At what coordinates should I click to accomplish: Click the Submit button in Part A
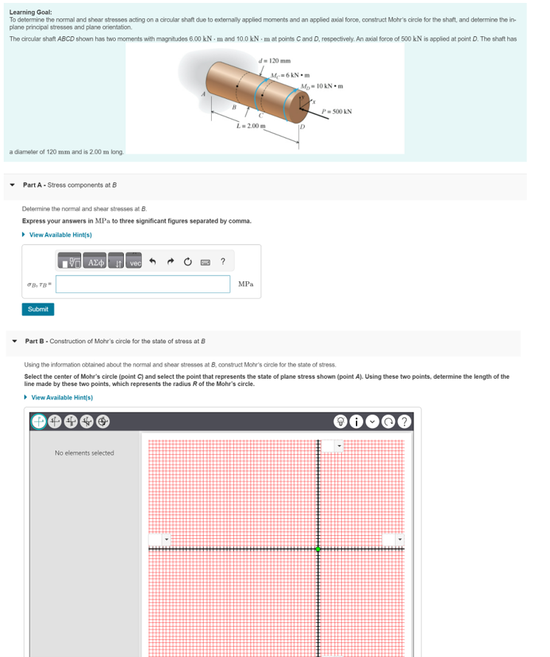(38, 309)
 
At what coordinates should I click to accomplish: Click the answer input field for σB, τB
(142, 284)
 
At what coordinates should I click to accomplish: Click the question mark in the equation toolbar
(223, 262)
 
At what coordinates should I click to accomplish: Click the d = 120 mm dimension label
(275, 61)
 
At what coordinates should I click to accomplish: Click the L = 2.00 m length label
(250, 127)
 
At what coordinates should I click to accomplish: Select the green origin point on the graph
(318, 548)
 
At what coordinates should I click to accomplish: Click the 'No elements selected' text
(84, 453)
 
